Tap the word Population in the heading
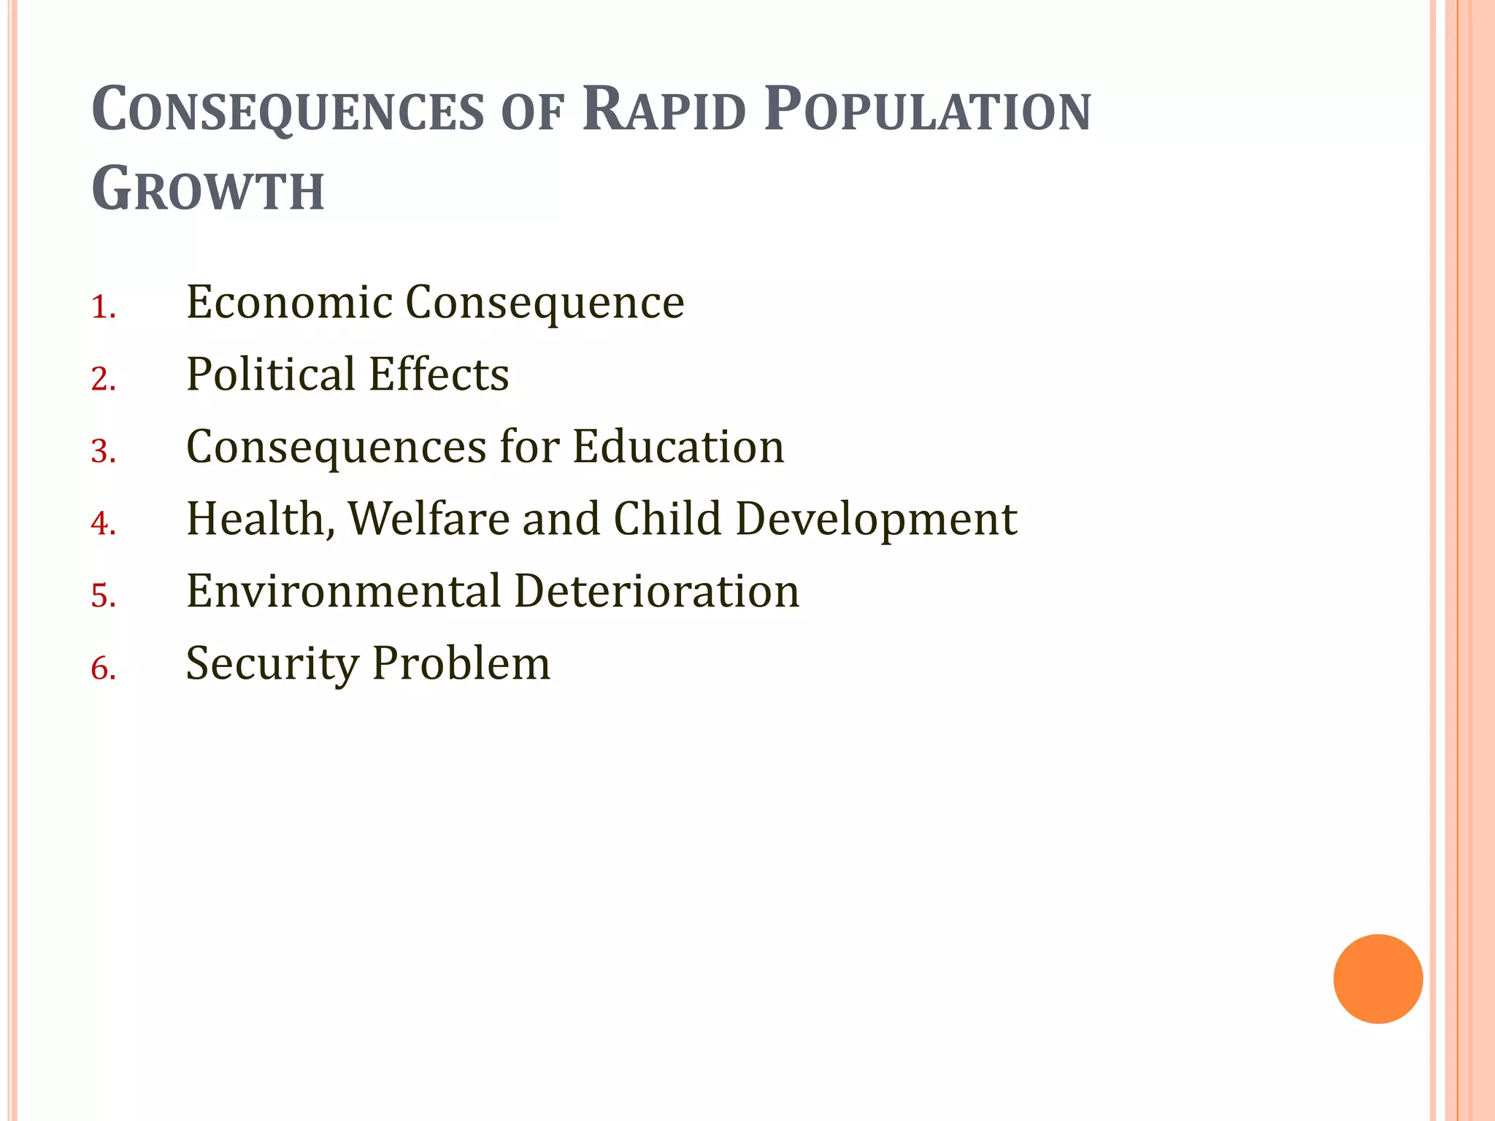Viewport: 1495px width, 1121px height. (x=927, y=111)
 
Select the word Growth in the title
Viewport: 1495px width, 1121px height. (x=208, y=190)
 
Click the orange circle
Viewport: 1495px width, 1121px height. (x=1377, y=979)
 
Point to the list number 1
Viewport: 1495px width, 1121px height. (x=103, y=307)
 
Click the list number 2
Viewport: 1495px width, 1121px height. (x=103, y=380)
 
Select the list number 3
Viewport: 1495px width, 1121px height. (x=103, y=451)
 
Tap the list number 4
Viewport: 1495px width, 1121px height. (x=103, y=523)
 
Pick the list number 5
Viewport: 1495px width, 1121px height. (x=103, y=596)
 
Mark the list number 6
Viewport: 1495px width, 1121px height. (x=103, y=668)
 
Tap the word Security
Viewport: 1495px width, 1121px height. (x=272, y=663)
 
